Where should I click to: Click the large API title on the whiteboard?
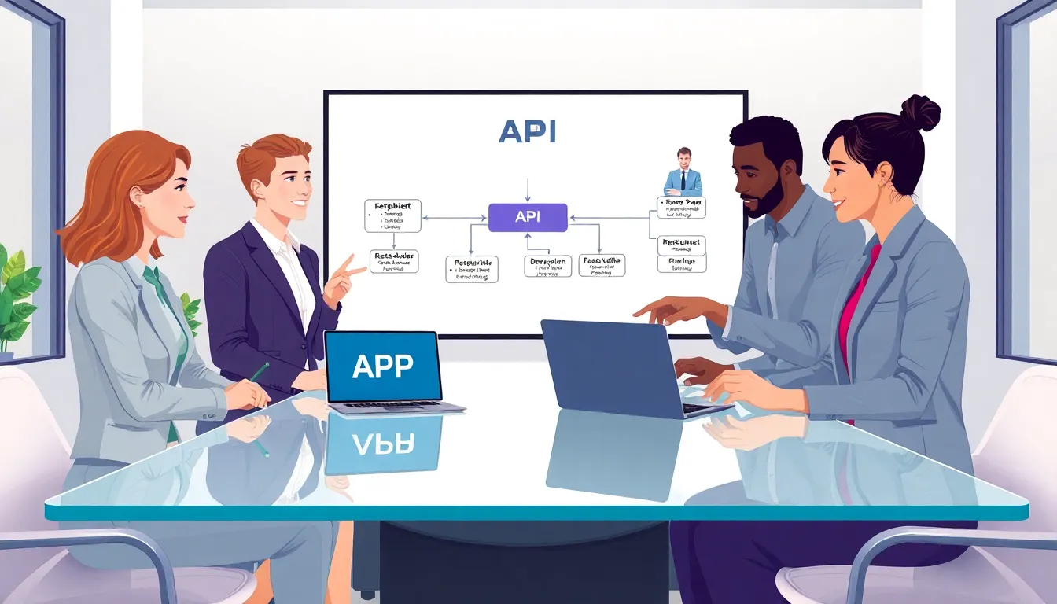coord(527,131)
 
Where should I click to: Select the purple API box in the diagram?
coord(527,217)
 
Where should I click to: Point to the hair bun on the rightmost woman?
coord(921,112)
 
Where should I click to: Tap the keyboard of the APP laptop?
coord(393,407)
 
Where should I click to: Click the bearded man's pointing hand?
coord(668,309)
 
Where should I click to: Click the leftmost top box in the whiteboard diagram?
coord(392,215)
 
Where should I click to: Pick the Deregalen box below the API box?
coord(547,266)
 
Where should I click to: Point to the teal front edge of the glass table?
coord(535,512)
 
